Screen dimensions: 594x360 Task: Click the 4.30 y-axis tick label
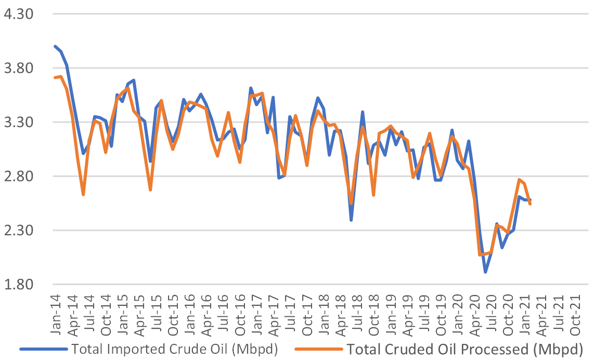click(19, 14)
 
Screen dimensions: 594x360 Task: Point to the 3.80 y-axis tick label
click(19, 68)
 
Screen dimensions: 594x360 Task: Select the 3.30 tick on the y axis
click(19, 122)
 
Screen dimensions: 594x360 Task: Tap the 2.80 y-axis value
click(19, 176)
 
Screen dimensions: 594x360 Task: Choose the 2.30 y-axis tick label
click(19, 230)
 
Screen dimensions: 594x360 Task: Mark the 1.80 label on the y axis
click(19, 284)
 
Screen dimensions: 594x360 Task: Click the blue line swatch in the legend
click(44, 349)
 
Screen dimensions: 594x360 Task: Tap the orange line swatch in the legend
click(319, 349)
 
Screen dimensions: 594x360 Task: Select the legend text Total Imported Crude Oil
click(153, 349)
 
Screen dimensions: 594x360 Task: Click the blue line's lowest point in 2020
click(485, 272)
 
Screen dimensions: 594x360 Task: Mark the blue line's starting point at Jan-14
click(55, 47)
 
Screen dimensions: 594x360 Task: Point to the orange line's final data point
click(530, 204)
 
